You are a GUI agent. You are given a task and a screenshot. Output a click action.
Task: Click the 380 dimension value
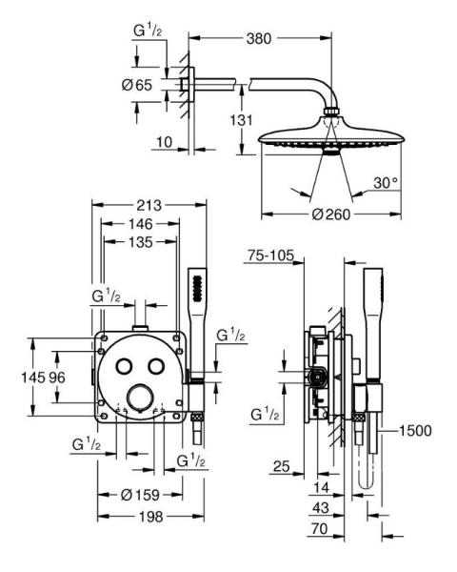(259, 39)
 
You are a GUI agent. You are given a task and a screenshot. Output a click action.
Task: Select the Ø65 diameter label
(139, 85)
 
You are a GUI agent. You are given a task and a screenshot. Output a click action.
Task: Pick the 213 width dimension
(149, 205)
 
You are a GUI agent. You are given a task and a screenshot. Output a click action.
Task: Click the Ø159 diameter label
(139, 496)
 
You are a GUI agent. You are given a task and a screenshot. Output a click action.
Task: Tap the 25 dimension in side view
(282, 467)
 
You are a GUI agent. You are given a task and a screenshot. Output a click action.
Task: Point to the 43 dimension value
(322, 509)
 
